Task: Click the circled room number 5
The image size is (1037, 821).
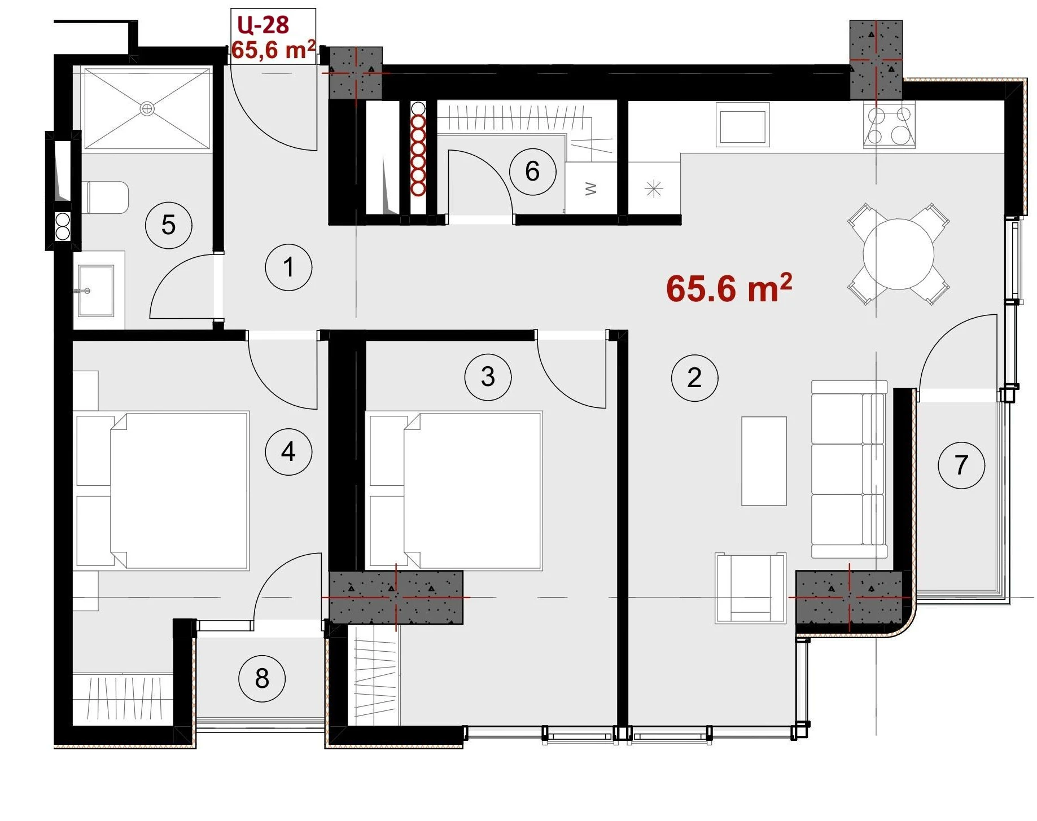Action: click(x=168, y=225)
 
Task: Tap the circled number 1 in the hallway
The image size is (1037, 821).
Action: click(x=288, y=267)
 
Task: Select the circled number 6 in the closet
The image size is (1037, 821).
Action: click(x=532, y=172)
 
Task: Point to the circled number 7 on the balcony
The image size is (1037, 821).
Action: click(x=961, y=465)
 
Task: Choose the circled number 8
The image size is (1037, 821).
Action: click(x=262, y=678)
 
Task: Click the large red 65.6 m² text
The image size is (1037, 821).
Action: click(x=729, y=288)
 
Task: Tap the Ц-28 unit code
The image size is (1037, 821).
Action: click(x=263, y=25)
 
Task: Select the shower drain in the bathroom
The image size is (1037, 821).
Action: click(x=147, y=108)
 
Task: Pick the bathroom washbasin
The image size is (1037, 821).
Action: click(x=96, y=291)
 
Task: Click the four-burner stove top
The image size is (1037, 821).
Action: click(x=889, y=126)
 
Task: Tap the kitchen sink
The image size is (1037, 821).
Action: click(x=742, y=125)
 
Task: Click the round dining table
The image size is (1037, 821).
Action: click(x=898, y=254)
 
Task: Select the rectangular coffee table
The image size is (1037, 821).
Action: click(x=764, y=461)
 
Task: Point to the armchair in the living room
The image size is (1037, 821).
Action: click(x=750, y=588)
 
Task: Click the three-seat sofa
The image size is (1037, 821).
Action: click(x=849, y=469)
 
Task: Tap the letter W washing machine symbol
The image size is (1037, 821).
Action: click(x=591, y=188)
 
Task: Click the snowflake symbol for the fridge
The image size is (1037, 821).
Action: click(x=654, y=188)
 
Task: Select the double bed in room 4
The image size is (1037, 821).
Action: click(x=163, y=490)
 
